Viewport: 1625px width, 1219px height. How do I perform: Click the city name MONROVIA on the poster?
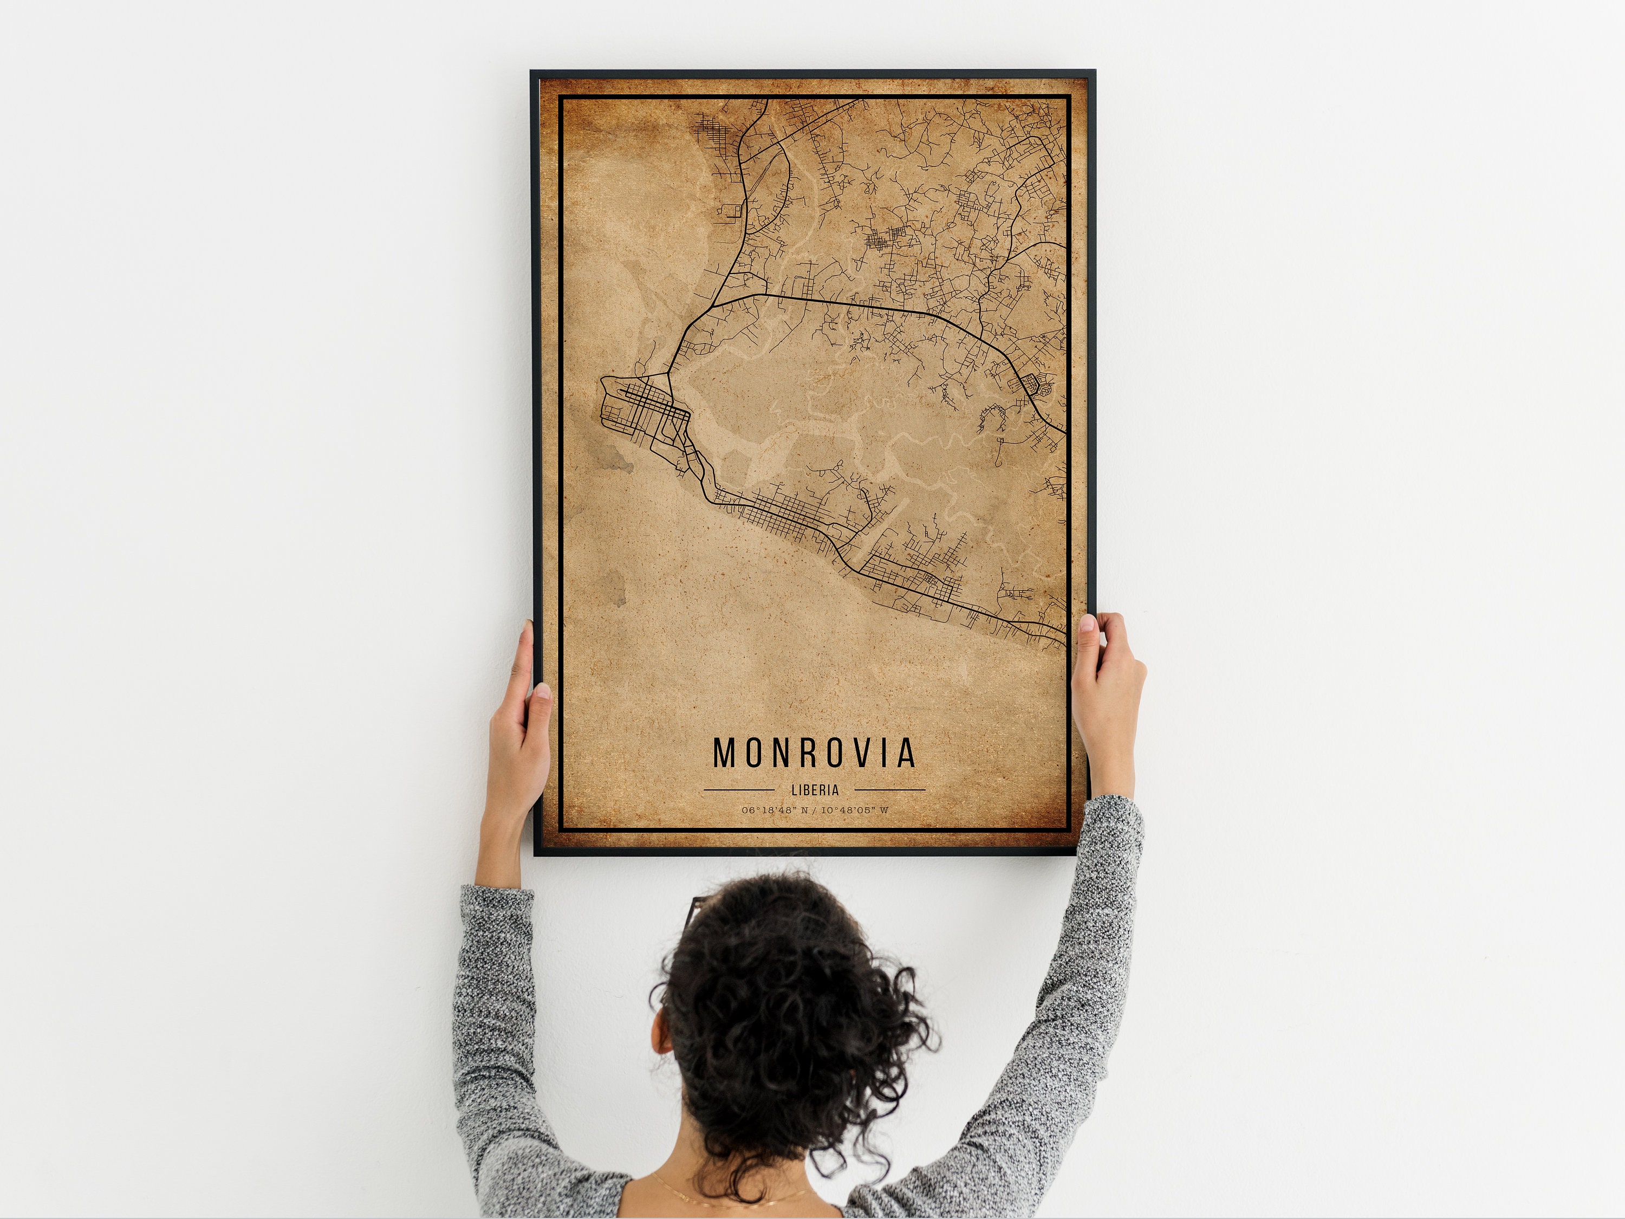pyautogui.click(x=814, y=753)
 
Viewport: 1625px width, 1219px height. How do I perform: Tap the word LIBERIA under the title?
pyautogui.click(x=815, y=790)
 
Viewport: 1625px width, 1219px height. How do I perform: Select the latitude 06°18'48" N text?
pyautogui.click(x=774, y=810)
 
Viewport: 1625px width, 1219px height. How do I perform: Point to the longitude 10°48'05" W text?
pyautogui.click(x=854, y=810)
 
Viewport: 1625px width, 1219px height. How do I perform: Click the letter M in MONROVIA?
pyautogui.click(x=725, y=753)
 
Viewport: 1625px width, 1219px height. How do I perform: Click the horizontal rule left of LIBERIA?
pyautogui.click(x=738, y=790)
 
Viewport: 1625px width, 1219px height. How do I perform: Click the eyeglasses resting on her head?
pyautogui.click(x=695, y=916)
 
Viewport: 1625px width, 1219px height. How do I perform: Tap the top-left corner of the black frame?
pyautogui.click(x=534, y=74)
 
